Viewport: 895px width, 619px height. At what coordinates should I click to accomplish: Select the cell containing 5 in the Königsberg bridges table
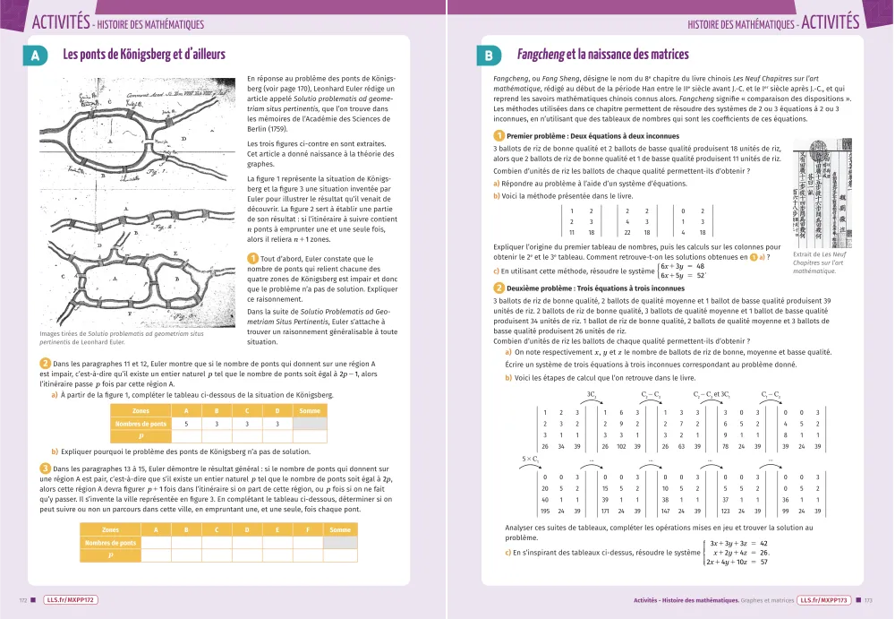coord(186,423)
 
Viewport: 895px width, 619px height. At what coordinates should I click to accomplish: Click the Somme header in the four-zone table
coord(311,410)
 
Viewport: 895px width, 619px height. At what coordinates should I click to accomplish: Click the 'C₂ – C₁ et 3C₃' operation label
coord(712,394)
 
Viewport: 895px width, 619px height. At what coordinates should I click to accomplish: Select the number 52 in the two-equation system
coord(700,275)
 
